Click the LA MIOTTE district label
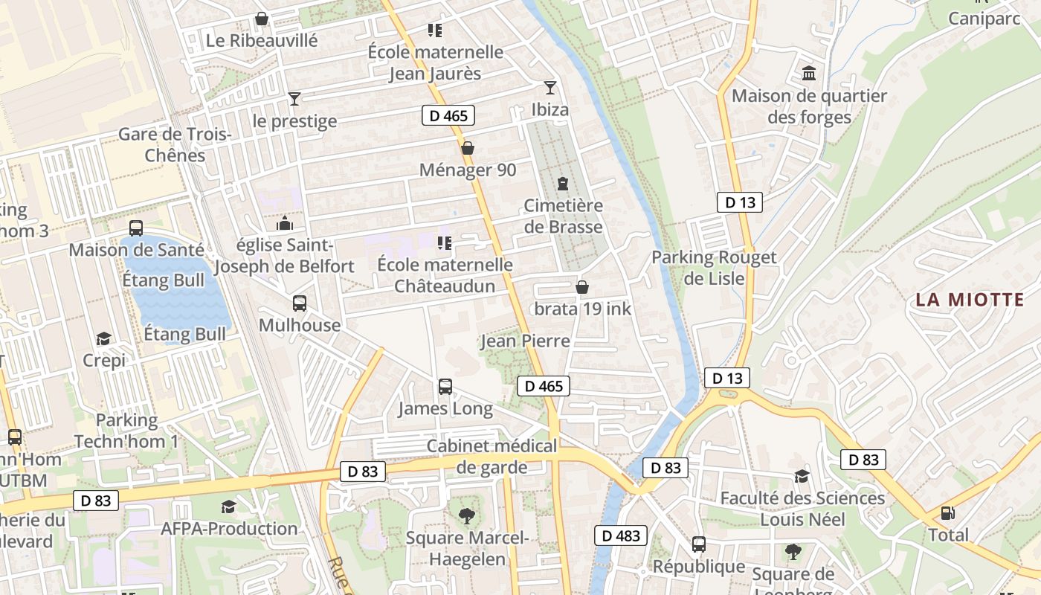tap(970, 300)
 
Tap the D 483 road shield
tap(620, 535)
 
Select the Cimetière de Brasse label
tap(563, 216)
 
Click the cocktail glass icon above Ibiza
tap(549, 88)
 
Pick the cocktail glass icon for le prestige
tap(294, 99)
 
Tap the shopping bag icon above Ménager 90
tap(467, 148)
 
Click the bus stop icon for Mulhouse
tap(300, 303)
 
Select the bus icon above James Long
tap(445, 387)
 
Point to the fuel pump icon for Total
tap(947, 513)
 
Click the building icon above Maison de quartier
tap(809, 74)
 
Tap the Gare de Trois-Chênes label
tap(175, 145)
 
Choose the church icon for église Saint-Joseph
tap(284, 223)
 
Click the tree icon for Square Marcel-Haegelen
tap(466, 515)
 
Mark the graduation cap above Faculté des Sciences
tap(802, 476)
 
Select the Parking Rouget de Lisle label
tap(714, 268)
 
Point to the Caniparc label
tap(984, 19)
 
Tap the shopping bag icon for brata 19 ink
tap(582, 286)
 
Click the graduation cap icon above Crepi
tap(103, 339)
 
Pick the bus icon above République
tap(698, 544)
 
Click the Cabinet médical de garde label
tap(492, 457)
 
